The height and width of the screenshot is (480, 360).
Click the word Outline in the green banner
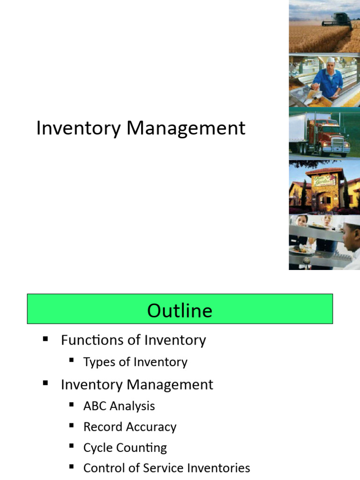[x=180, y=310]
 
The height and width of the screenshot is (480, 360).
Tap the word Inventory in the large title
[x=78, y=128]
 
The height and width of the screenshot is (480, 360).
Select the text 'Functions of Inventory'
[x=133, y=340]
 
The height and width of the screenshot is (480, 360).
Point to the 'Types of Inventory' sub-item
[x=135, y=362]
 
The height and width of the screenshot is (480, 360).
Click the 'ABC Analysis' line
[x=119, y=406]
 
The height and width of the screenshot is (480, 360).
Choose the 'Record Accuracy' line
[x=130, y=427]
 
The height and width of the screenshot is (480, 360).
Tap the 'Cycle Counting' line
[x=125, y=448]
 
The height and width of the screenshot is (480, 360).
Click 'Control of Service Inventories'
[x=166, y=468]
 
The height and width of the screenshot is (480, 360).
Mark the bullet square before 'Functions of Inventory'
[x=45, y=339]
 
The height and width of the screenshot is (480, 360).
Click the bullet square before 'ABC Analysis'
[x=71, y=405]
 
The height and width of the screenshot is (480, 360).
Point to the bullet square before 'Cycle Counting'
[x=71, y=447]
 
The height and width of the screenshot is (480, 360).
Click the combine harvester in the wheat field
[x=336, y=20]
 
